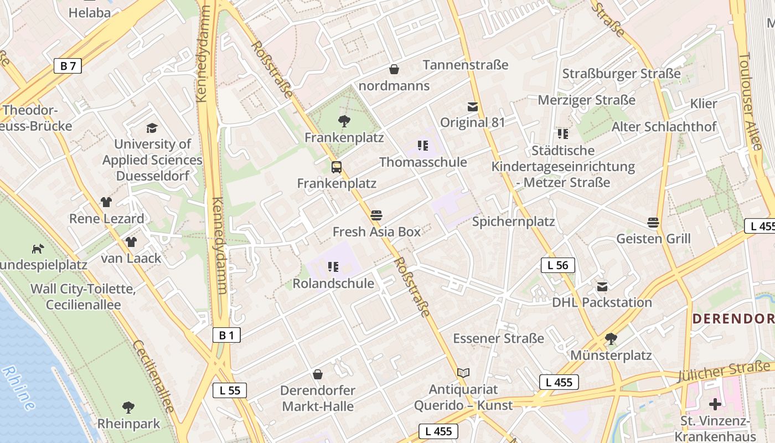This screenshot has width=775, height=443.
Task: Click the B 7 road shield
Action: click(x=68, y=66)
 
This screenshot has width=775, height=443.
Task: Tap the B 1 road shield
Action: click(x=226, y=335)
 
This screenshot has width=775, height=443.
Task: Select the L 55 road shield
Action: click(x=230, y=390)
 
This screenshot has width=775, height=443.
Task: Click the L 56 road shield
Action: click(x=557, y=265)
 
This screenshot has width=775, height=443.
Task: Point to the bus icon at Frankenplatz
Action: click(x=336, y=167)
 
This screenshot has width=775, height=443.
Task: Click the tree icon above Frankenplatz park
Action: click(x=344, y=121)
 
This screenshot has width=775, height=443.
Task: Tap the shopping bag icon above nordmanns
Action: click(x=394, y=69)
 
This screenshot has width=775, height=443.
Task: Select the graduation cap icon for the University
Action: click(x=152, y=128)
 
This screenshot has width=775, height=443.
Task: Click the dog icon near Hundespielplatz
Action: click(x=38, y=249)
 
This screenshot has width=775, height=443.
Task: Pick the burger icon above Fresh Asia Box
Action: click(x=376, y=215)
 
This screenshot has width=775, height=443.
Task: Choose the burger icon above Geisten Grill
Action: click(x=653, y=223)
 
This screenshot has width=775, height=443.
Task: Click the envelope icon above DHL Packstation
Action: click(x=602, y=286)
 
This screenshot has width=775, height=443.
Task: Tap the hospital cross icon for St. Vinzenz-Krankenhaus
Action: click(x=715, y=404)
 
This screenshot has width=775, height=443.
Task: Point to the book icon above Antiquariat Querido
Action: click(x=463, y=373)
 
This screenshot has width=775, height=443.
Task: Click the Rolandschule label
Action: click(x=333, y=284)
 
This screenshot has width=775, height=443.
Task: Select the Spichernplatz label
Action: click(x=513, y=221)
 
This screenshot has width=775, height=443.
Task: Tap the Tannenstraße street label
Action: click(x=466, y=65)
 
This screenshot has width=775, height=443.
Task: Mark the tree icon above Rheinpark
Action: click(x=128, y=408)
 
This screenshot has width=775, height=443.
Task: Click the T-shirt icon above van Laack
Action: click(x=131, y=241)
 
